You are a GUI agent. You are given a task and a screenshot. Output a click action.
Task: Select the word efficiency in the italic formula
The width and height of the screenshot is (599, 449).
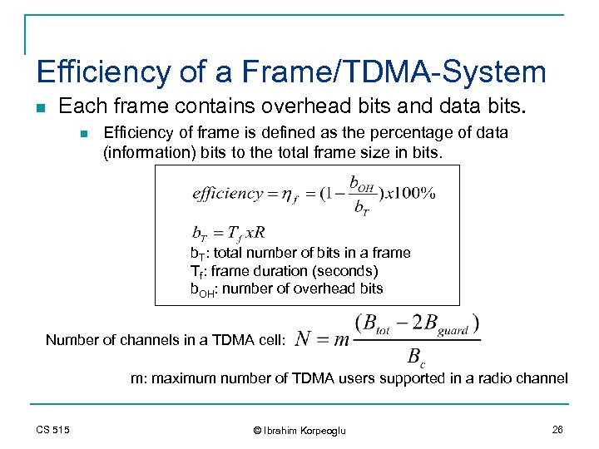tap(227, 194)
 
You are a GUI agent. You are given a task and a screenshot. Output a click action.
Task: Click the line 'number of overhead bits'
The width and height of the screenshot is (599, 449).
tap(302, 289)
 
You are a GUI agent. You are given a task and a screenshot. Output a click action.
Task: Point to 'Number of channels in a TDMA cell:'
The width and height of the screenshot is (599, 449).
tap(166, 339)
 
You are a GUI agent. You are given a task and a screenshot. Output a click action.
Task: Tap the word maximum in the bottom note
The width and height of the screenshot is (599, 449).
tap(182, 377)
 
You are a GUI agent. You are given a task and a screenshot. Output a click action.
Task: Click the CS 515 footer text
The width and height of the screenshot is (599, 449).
tap(53, 429)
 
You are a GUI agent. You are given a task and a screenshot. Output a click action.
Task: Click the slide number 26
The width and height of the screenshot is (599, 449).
tap(557, 429)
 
